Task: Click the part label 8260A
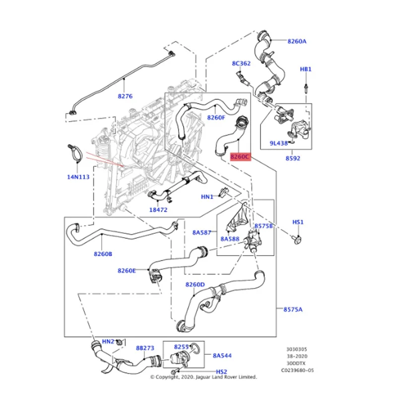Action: pos(297,41)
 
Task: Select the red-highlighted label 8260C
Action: pos(240,157)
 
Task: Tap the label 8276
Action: pos(125,96)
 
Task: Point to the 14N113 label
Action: pos(78,177)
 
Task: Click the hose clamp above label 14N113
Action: pos(75,153)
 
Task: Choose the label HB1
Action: pos(306,69)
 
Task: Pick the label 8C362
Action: pos(241,64)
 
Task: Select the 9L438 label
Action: pos(279,143)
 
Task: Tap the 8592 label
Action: pos(293,158)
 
